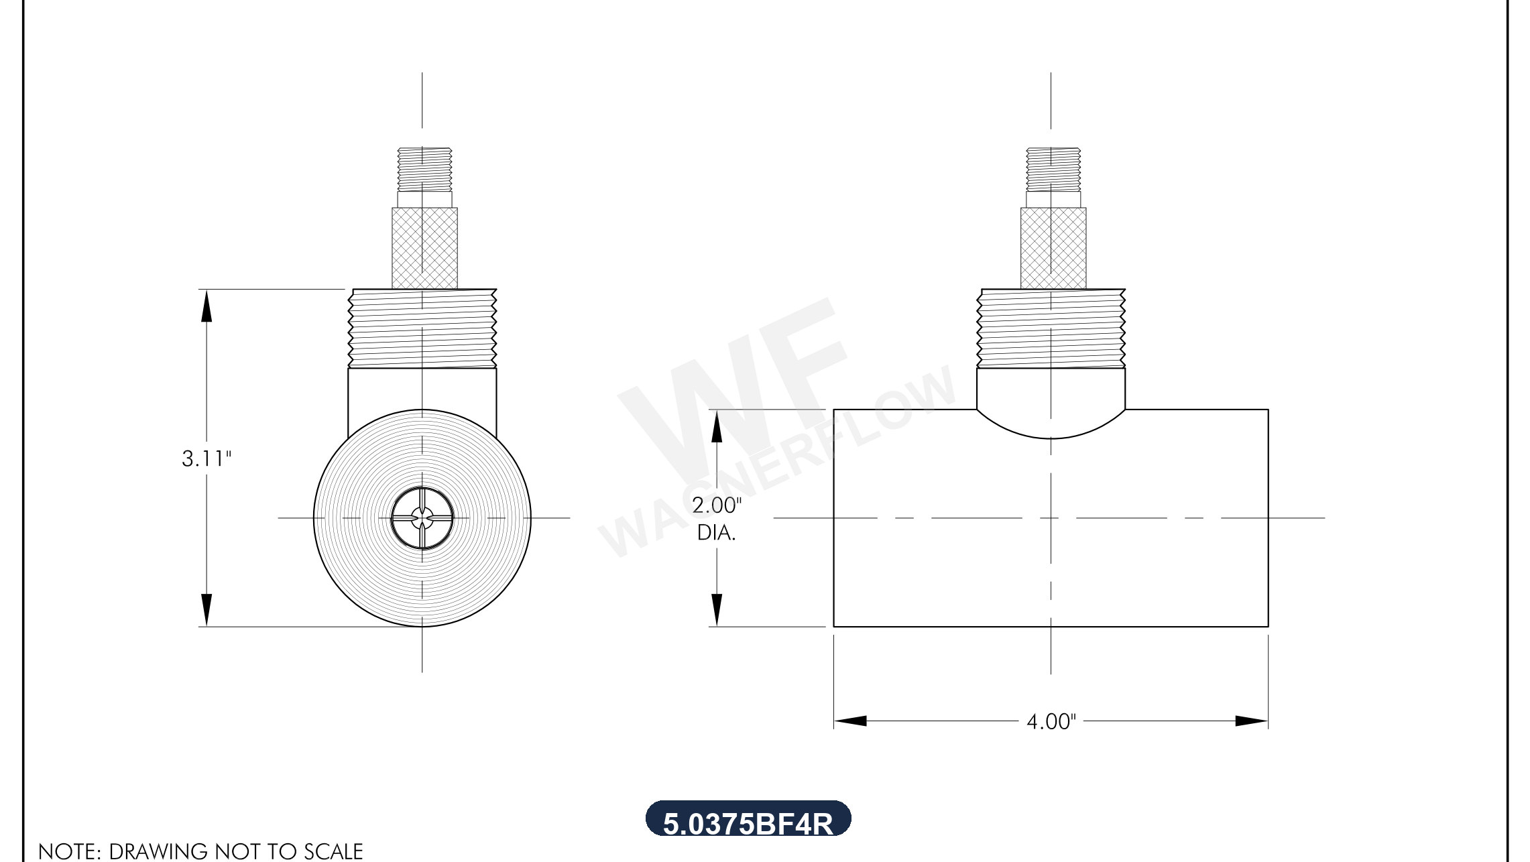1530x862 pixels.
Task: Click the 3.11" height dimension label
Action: tap(207, 459)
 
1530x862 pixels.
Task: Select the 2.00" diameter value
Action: tap(717, 505)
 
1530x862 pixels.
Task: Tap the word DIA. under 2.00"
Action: tap(716, 533)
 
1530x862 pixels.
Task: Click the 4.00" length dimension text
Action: tap(1051, 722)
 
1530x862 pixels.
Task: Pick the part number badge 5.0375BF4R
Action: tap(748, 820)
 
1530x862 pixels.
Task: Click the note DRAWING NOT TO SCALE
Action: tap(200, 851)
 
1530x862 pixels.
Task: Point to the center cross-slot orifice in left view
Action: tap(422, 518)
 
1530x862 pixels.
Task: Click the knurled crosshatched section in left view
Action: tap(425, 249)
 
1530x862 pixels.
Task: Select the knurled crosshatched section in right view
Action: tap(1053, 249)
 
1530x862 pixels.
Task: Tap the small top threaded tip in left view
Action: tap(424, 170)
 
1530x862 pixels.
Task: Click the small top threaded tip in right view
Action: tap(1053, 170)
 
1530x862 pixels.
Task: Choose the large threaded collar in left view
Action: tap(422, 328)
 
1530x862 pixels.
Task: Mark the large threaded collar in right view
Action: tap(1051, 328)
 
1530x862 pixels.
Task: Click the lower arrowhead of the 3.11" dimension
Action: tap(207, 610)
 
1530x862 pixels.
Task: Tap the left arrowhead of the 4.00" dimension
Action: tap(850, 721)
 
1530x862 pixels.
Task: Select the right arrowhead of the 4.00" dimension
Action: tap(1251, 721)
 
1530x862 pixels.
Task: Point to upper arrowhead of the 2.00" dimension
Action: tap(717, 426)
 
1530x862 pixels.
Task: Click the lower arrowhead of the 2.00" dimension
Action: tap(717, 610)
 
